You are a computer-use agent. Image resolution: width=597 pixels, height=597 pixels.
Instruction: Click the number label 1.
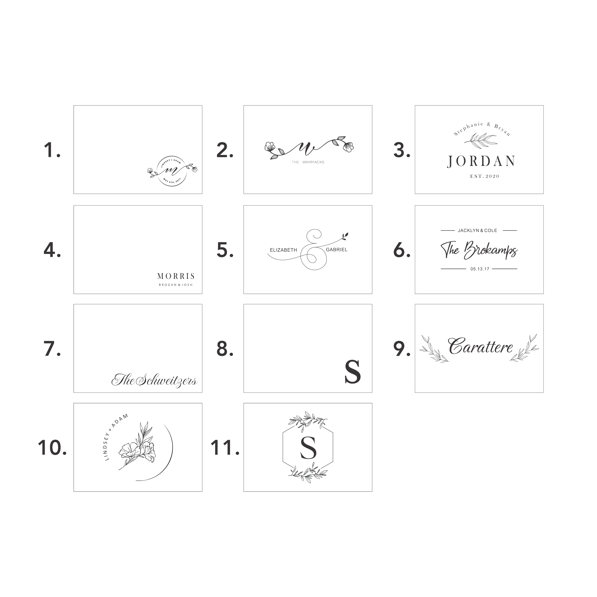pyautogui.click(x=52, y=150)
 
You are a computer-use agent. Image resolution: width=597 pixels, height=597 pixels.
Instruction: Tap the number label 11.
pyautogui.click(x=225, y=448)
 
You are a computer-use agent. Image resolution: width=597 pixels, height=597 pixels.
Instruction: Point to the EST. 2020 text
pyautogui.click(x=485, y=176)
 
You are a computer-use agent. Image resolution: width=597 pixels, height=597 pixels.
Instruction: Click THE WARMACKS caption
pyautogui.click(x=308, y=162)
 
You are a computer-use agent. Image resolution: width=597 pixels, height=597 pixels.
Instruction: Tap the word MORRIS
pyautogui.click(x=176, y=276)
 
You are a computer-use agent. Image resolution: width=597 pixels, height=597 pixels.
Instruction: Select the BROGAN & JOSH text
pyautogui.click(x=176, y=285)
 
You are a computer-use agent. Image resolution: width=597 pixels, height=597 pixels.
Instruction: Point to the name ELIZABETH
pyautogui.click(x=283, y=250)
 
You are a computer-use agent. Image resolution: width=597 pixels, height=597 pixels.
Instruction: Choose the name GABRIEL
pyautogui.click(x=336, y=250)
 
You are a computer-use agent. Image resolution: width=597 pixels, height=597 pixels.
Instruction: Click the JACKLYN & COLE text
pyautogui.click(x=477, y=230)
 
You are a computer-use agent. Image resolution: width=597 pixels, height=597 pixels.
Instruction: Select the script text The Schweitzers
pyautogui.click(x=154, y=380)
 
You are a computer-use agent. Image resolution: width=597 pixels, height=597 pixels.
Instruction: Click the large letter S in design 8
pyautogui.click(x=352, y=372)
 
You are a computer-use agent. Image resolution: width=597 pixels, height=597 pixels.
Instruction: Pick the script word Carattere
pyautogui.click(x=480, y=347)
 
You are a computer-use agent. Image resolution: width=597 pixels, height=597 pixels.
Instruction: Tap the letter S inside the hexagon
pyautogui.click(x=308, y=448)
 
